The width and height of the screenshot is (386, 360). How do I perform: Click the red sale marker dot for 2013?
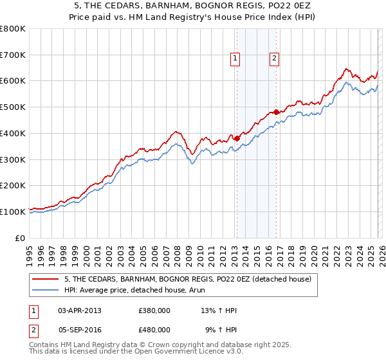pyautogui.click(x=237, y=138)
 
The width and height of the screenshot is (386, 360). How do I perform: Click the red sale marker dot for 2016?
pyautogui.click(x=276, y=112)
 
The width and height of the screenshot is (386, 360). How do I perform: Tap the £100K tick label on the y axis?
pyautogui.click(x=13, y=212)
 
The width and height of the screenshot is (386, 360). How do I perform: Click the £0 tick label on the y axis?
pyautogui.click(x=21, y=238)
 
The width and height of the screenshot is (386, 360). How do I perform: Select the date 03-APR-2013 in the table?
pyautogui.click(x=80, y=310)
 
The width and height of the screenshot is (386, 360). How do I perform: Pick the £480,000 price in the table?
pyautogui.click(x=154, y=329)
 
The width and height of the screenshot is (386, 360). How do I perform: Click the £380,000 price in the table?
pyautogui.click(x=154, y=310)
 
